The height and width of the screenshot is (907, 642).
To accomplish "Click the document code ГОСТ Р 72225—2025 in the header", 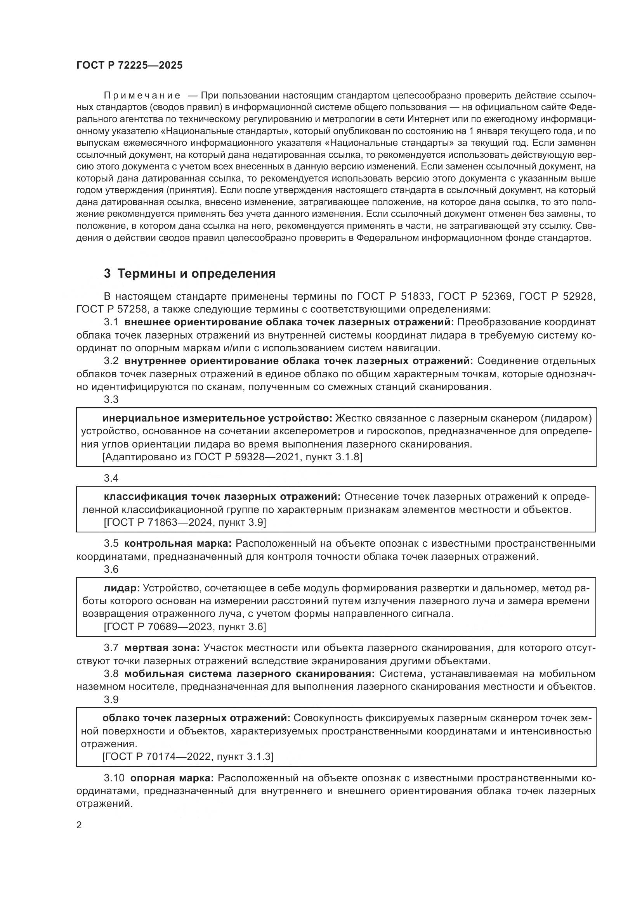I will (129, 66).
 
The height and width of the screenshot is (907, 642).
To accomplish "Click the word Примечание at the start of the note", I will (142, 96).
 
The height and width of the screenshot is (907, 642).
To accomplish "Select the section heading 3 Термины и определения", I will (190, 273).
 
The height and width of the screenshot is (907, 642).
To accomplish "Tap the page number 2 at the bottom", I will (79, 824).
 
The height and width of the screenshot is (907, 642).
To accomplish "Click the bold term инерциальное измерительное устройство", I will (218, 418).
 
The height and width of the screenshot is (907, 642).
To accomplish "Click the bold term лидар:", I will (121, 588).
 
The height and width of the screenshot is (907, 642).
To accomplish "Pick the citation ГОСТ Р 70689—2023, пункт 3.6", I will (185, 627).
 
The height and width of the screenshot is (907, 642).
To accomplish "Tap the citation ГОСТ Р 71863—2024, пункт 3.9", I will (185, 523).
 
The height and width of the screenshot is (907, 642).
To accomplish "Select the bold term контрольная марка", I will (178, 544).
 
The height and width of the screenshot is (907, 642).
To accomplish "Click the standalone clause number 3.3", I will (111, 399).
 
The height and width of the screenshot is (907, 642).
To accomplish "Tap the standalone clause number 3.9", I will (111, 700).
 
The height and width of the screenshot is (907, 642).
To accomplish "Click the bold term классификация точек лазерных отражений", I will (222, 497).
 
